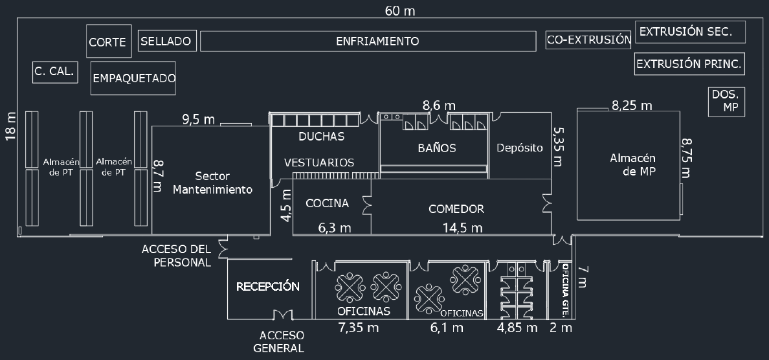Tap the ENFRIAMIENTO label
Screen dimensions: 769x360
click(x=377, y=41)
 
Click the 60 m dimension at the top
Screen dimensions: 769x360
click(x=399, y=11)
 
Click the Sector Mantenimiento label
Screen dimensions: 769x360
click(x=212, y=183)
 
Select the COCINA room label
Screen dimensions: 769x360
click(x=327, y=203)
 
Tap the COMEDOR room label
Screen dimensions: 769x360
click(x=456, y=209)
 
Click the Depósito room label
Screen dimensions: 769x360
click(x=520, y=148)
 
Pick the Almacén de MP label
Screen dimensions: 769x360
click(x=632, y=165)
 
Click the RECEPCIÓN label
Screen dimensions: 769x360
click(x=268, y=286)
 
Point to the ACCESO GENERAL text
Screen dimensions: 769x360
click(x=278, y=342)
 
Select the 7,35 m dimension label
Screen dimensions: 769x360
click(x=359, y=328)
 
